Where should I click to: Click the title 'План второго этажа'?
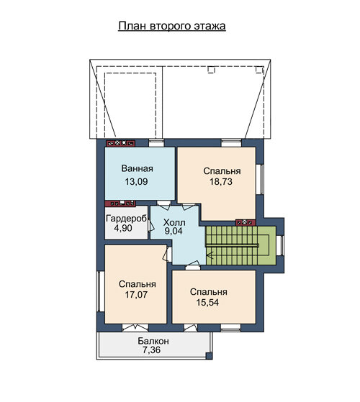pos(172,26)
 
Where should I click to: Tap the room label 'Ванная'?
pos(138,169)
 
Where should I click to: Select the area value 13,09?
pos(136,182)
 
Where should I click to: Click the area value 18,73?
pos(221,182)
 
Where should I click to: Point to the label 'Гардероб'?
pos(127,219)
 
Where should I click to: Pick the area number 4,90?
pos(123,228)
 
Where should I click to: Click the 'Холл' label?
pos(174,222)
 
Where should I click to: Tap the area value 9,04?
pos(174,231)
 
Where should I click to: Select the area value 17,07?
pos(136,295)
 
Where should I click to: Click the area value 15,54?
pos(207,303)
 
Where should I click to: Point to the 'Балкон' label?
pos(153,342)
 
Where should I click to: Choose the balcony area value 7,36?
pos(152,350)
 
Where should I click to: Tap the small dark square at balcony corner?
pos(210,356)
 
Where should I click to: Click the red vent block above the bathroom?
pos(121,143)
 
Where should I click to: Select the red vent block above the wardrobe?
pos(120,204)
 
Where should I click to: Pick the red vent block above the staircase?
pos(246,222)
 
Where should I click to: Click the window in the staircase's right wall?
pos(282,245)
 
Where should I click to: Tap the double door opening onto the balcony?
pos(135,328)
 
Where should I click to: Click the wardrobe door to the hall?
pos(150,226)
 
